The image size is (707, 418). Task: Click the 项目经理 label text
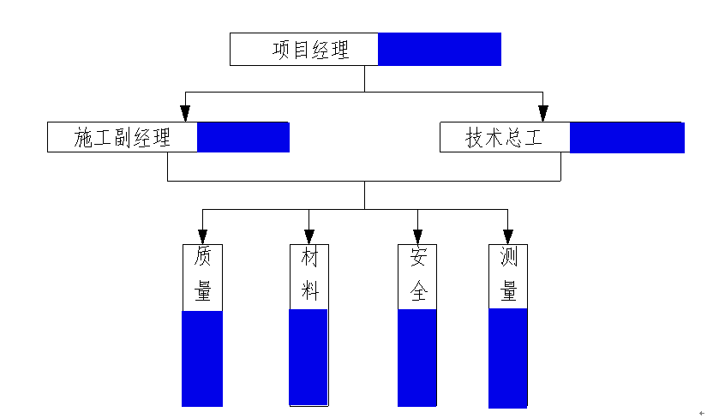click(x=311, y=50)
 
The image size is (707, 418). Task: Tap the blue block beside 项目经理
click(x=439, y=49)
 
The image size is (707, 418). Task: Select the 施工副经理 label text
click(x=123, y=138)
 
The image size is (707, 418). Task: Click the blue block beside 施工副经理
click(x=243, y=137)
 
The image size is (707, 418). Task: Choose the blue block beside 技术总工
click(x=626, y=138)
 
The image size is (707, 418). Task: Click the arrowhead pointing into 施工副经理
click(x=184, y=113)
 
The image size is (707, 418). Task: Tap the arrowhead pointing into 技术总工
click(x=542, y=113)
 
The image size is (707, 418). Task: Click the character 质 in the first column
click(x=202, y=257)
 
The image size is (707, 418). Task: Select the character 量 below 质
click(x=202, y=291)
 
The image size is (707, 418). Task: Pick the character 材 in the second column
click(x=309, y=257)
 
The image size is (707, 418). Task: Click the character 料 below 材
click(x=309, y=291)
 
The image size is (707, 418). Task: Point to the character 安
click(x=417, y=257)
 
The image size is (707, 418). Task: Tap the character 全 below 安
click(x=417, y=291)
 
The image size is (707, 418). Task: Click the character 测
click(x=508, y=257)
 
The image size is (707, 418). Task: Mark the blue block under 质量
click(x=202, y=358)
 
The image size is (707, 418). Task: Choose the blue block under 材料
click(x=309, y=356)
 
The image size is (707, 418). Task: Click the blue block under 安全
click(x=417, y=357)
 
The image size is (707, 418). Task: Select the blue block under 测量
click(x=508, y=358)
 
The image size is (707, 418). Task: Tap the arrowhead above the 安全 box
click(x=417, y=236)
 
